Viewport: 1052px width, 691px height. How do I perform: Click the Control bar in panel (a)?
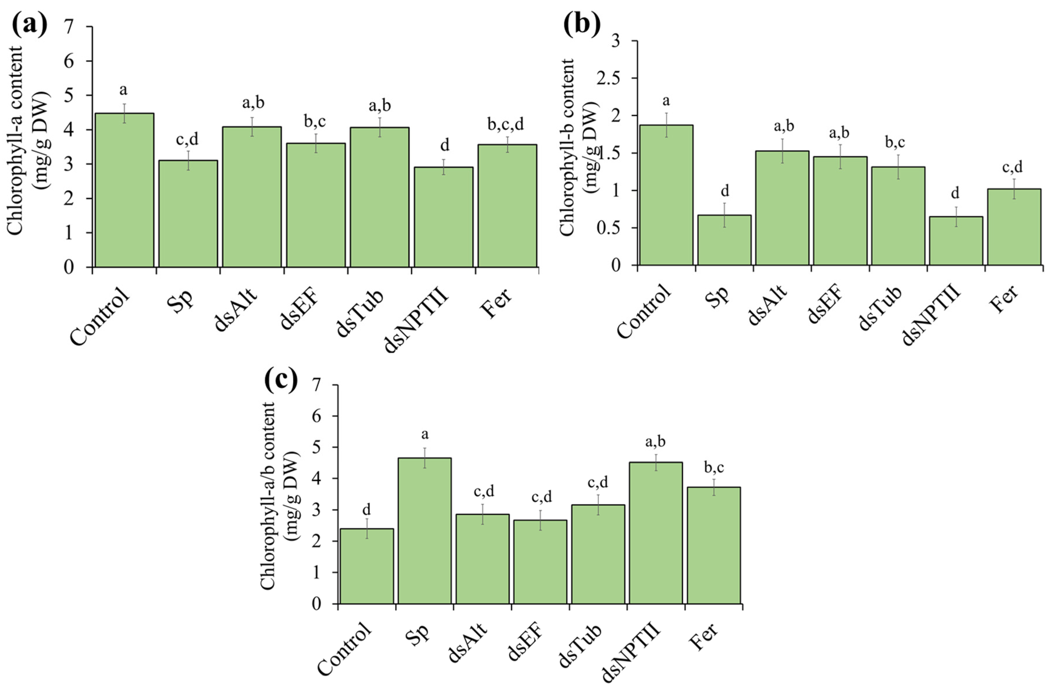[x=125, y=190]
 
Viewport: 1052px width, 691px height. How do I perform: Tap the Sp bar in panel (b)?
[x=724, y=240]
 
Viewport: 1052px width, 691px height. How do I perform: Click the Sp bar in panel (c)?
[x=425, y=531]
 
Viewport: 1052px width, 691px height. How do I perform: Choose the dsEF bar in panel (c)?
[x=540, y=562]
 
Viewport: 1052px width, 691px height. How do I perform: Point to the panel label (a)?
[x=30, y=24]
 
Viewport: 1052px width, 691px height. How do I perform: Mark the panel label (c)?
[x=281, y=380]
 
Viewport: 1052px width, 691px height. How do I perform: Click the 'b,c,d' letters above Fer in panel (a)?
[x=506, y=124]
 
